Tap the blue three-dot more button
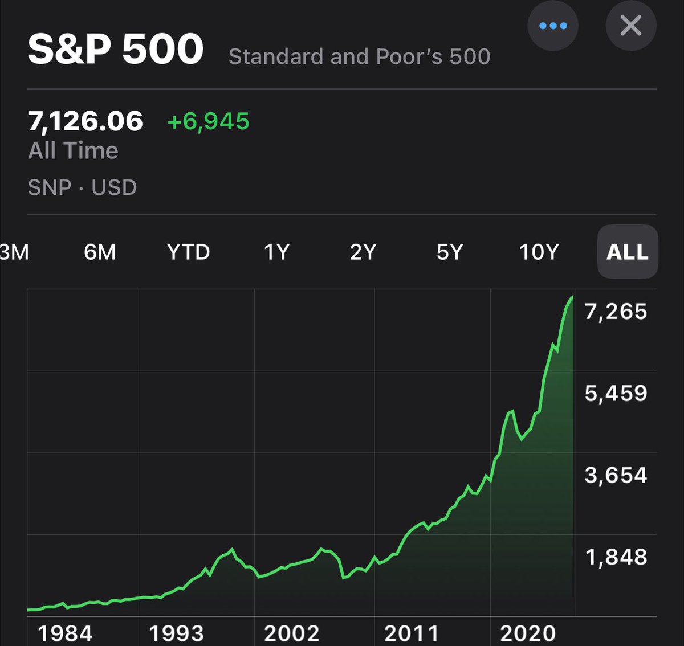tap(552, 26)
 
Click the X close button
tap(630, 26)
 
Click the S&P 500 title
tap(116, 49)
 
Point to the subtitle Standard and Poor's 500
tap(359, 56)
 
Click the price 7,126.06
tap(85, 121)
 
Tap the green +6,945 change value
tap(208, 121)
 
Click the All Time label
tap(73, 150)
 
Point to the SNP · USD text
tap(82, 187)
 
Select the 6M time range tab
tap(100, 252)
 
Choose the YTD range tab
tap(188, 252)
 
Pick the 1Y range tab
tap(276, 252)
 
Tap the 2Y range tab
tap(363, 252)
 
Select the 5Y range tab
tap(450, 252)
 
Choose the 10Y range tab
tap(539, 252)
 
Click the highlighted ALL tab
tap(627, 252)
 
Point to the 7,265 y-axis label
tap(616, 312)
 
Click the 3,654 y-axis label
tap(616, 475)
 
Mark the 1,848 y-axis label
tap(616, 557)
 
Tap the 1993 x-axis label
tap(176, 633)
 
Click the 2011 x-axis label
tap(412, 633)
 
